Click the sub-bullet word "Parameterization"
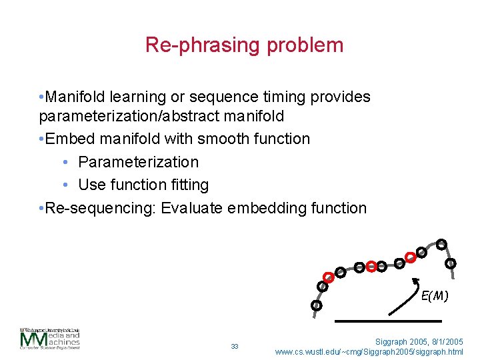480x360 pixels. tap(138, 162)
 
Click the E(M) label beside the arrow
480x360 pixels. tap(434, 295)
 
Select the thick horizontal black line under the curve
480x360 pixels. tap(370, 321)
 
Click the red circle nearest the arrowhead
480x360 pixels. tap(411, 255)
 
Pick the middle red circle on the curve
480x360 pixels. tap(370, 266)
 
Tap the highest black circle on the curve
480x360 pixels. tap(441, 244)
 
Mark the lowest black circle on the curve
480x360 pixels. tap(316, 305)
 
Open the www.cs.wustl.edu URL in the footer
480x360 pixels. tap(369, 351)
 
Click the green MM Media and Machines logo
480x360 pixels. tap(49, 340)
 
